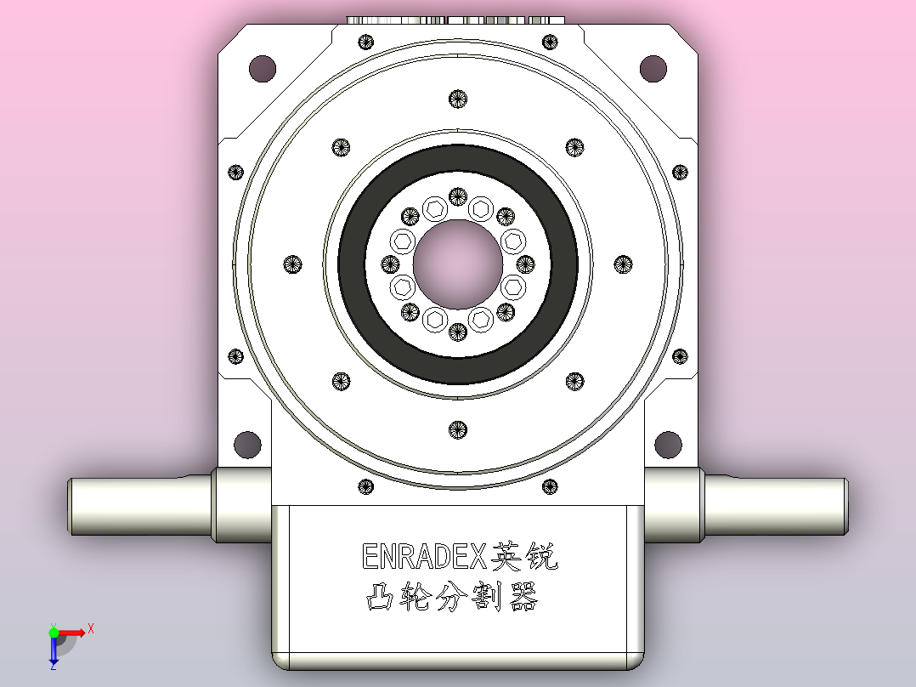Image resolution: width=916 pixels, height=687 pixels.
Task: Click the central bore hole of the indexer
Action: [x=457, y=264]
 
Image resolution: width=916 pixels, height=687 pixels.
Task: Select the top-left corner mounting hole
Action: [x=262, y=68]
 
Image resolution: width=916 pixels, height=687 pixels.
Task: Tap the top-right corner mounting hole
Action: [x=653, y=68]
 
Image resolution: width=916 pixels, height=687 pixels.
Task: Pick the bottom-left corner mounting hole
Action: [x=247, y=443]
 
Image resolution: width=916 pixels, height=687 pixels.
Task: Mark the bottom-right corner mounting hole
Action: [x=668, y=443]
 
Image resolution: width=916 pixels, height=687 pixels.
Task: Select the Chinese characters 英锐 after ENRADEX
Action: [x=526, y=556]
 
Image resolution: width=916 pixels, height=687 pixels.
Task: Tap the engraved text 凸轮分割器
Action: [x=452, y=598]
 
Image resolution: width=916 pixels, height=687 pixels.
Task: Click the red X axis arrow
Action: [x=76, y=632]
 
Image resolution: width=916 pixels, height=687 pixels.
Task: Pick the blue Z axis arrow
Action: [x=53, y=656]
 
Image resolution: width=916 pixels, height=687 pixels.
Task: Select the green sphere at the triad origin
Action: [x=54, y=633]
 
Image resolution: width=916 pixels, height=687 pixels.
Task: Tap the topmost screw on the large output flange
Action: [x=457, y=99]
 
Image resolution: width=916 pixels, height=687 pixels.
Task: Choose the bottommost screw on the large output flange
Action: [x=457, y=429]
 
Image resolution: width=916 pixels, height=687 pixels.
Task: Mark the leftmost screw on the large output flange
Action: [x=292, y=264]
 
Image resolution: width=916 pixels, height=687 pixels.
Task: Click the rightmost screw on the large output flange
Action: [x=623, y=264]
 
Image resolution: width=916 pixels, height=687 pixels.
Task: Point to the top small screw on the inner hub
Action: [x=457, y=197]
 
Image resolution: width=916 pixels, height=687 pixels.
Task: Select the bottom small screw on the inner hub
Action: [x=457, y=332]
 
